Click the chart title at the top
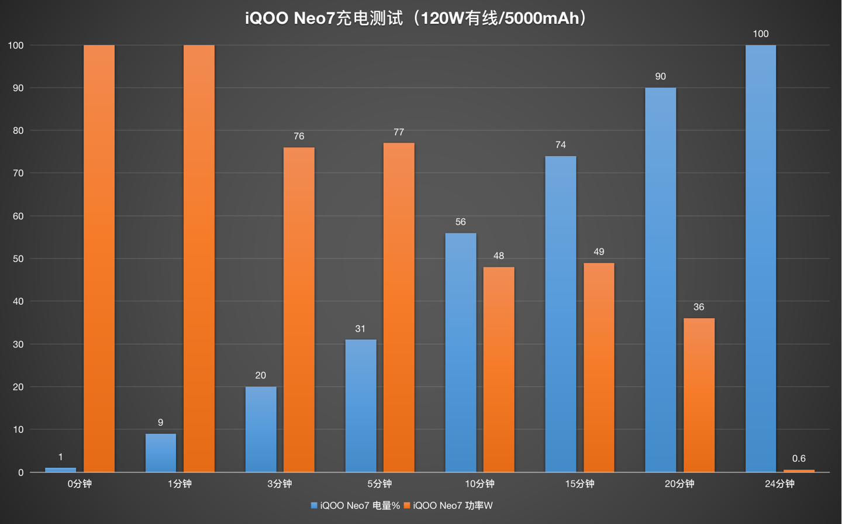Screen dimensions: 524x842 click(x=416, y=19)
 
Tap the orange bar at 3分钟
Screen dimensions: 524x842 click(x=299, y=310)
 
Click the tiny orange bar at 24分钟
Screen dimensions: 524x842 click(x=799, y=470)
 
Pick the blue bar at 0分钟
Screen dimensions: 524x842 click(x=61, y=470)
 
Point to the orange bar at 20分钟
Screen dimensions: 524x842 click(x=699, y=395)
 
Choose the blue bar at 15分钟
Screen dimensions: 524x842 click(x=560, y=314)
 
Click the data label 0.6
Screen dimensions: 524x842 click(x=799, y=458)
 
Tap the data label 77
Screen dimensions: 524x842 click(x=399, y=132)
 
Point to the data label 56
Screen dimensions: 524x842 click(x=460, y=222)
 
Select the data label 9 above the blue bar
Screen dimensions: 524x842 click(x=160, y=422)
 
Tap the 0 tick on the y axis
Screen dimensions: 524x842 click(x=20, y=473)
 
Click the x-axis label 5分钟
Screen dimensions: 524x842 click(x=379, y=484)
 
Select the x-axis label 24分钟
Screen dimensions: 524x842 click(x=779, y=484)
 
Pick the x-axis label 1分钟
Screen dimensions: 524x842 click(x=180, y=484)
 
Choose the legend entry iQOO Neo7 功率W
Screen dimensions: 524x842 click(x=448, y=506)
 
